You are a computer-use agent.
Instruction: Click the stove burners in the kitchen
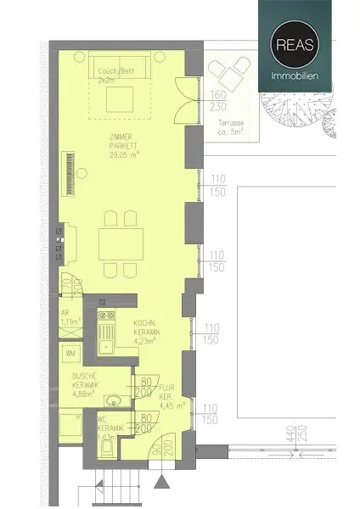coord(106,322)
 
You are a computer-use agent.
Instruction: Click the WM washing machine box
coord(70,352)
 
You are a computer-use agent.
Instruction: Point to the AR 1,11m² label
coord(69,318)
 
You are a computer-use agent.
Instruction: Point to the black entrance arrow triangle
coord(161,483)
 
